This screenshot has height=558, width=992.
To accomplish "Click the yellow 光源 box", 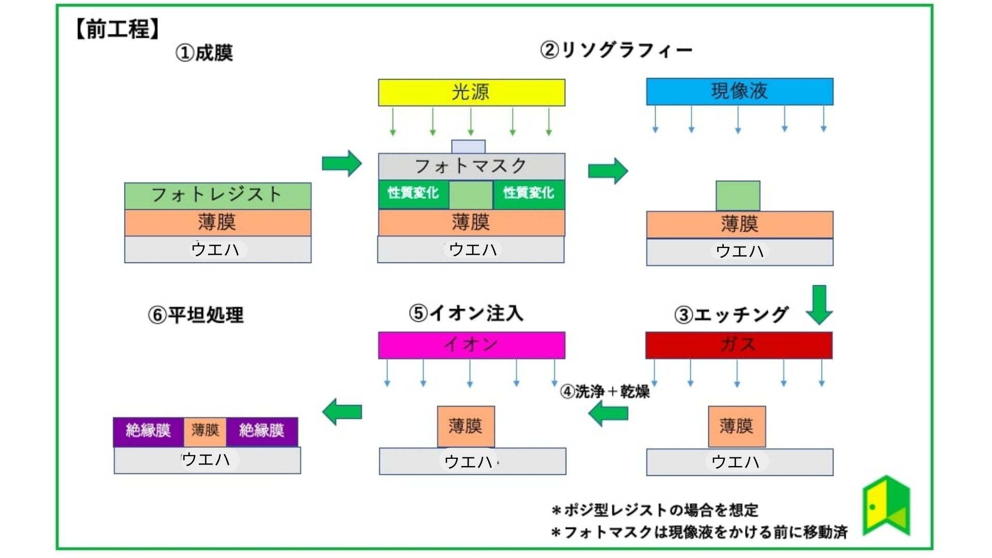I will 471,92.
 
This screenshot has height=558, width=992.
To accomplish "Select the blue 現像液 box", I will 739,91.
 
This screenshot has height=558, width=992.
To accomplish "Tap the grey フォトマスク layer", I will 471,166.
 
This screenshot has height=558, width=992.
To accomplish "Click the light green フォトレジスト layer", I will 218,195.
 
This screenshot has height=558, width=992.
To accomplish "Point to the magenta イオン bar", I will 471,345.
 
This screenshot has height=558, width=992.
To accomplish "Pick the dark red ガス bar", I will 738,345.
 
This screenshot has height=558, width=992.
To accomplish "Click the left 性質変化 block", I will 413,194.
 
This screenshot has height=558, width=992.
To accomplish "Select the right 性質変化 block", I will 529,194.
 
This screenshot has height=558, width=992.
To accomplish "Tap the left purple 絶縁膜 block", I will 148,431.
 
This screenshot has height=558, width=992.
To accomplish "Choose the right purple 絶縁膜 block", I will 262,431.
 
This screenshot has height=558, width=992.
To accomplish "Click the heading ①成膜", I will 204,53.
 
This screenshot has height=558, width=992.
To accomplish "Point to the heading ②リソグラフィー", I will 615,50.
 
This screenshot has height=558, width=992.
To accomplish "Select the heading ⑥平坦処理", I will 196,315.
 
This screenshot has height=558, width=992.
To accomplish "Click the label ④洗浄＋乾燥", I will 605,391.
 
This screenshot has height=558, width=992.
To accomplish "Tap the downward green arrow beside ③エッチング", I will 819,304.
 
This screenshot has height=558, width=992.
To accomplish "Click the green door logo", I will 886,506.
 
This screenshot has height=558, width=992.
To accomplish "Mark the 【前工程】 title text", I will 118,29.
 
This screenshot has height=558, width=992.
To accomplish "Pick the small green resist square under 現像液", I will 737,195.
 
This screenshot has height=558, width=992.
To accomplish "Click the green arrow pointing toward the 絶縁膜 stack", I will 342,412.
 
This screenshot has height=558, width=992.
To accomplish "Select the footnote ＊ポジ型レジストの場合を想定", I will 655,510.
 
